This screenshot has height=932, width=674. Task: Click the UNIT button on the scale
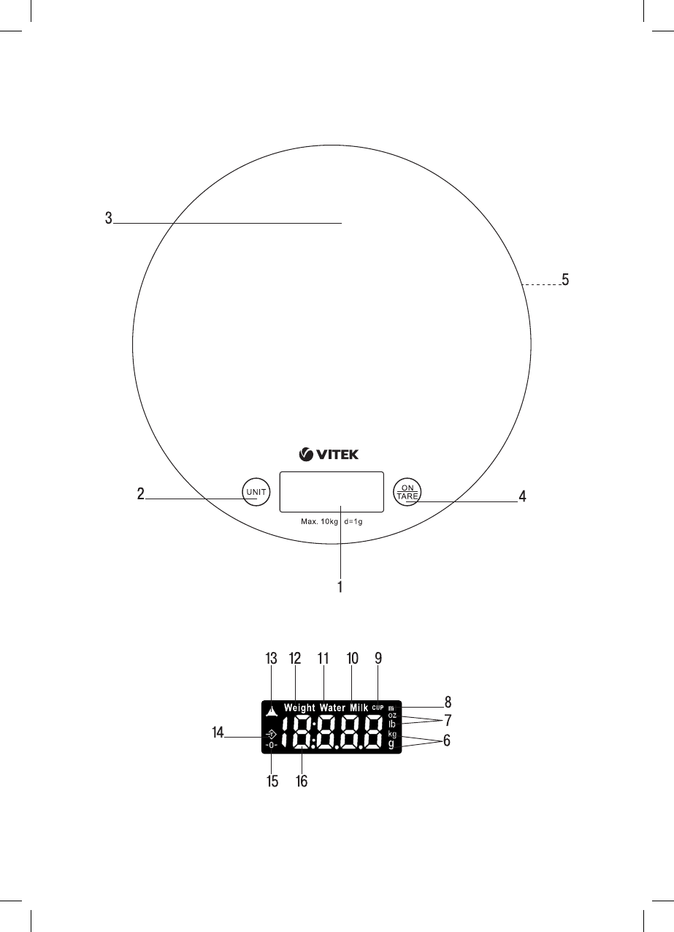pyautogui.click(x=256, y=492)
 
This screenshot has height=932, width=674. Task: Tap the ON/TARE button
pyautogui.click(x=407, y=492)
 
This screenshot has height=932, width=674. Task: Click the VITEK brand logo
pyautogui.click(x=329, y=455)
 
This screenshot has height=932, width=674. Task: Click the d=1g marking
pyautogui.click(x=353, y=522)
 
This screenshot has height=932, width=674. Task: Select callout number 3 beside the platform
pyautogui.click(x=109, y=218)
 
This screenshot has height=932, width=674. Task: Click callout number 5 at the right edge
pyautogui.click(x=565, y=279)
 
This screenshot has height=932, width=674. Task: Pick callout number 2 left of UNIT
pyautogui.click(x=141, y=494)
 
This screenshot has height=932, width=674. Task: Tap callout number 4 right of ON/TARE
pyautogui.click(x=522, y=496)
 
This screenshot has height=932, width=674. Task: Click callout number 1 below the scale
pyautogui.click(x=340, y=587)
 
